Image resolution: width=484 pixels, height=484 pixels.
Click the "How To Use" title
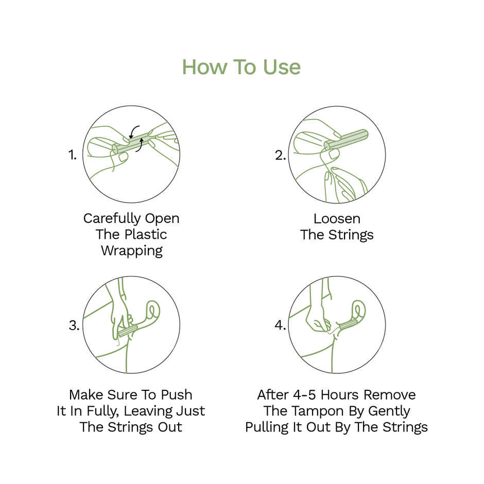click(241, 67)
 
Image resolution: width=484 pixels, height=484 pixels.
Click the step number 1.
click(73, 154)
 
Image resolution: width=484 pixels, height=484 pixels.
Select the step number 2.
click(280, 154)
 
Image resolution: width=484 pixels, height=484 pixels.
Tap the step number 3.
click(74, 325)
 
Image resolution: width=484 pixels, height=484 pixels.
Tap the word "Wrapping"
click(131, 251)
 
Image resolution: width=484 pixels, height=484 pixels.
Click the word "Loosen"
click(337, 218)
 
